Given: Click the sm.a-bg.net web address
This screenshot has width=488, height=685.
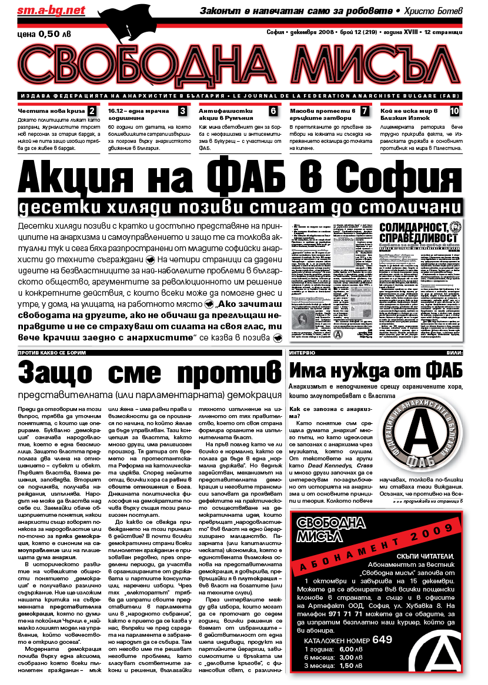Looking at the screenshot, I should pyautogui.click(x=43, y=11).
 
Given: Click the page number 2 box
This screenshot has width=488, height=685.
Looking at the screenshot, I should pyautogui.click(x=92, y=111).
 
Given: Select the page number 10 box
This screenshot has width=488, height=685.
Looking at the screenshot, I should pyautogui.click(x=454, y=111).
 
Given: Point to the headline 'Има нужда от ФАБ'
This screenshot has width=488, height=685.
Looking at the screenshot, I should pyautogui.click(x=376, y=370).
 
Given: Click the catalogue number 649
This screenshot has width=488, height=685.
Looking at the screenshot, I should pyautogui.click(x=382, y=640).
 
